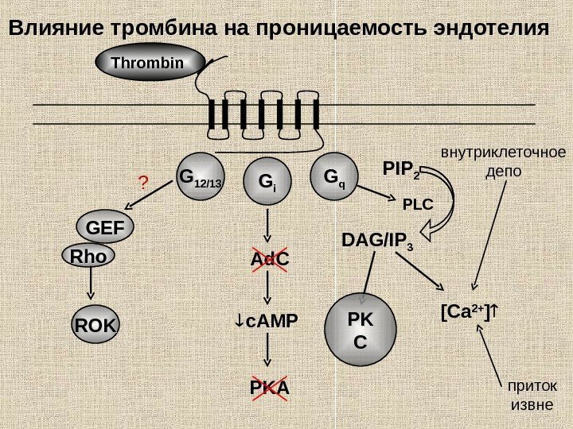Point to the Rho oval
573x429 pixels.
click(x=88, y=257)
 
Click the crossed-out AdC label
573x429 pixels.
click(x=270, y=261)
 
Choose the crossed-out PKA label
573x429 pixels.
click(x=270, y=389)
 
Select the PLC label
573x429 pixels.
click(x=417, y=204)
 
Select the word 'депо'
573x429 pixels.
click(x=503, y=171)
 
